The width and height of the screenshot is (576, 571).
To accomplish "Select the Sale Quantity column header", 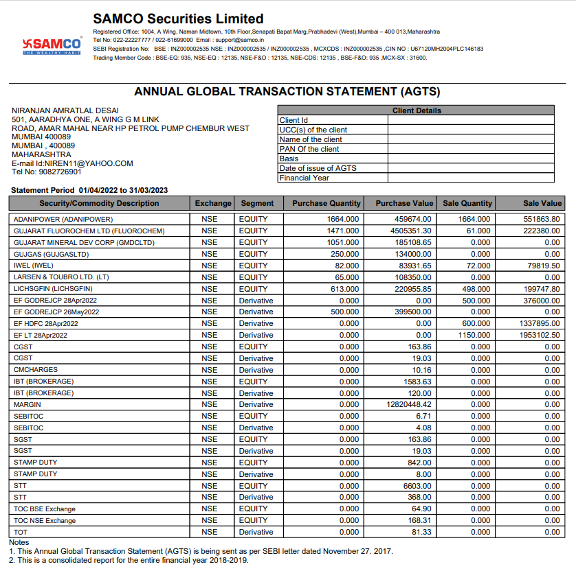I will pyautogui.click(x=467, y=203).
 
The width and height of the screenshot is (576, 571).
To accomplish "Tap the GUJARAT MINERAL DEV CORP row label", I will pyautogui.click(x=84, y=242).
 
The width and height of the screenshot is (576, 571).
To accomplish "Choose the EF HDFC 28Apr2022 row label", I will pyautogui.click(x=45, y=323).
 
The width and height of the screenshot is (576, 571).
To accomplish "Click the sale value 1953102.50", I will pyautogui.click(x=540, y=335).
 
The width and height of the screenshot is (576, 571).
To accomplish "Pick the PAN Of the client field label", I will pyautogui.click(x=309, y=149).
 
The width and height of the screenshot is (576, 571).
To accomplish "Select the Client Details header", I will pyautogui.click(x=417, y=110).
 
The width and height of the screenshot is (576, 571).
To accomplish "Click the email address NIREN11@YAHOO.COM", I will pyautogui.click(x=93, y=163).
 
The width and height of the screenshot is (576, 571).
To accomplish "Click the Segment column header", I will pyautogui.click(x=257, y=203).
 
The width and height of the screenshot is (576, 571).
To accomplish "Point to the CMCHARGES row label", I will pyautogui.click(x=36, y=370).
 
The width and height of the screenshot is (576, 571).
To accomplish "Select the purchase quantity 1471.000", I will pyautogui.click(x=342, y=231).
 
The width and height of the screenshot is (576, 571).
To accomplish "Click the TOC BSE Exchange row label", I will pyautogui.click(x=45, y=509).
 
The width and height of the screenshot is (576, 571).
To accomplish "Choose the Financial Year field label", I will pyautogui.click(x=304, y=178).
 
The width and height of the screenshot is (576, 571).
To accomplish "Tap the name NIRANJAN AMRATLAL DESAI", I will pyautogui.click(x=65, y=111).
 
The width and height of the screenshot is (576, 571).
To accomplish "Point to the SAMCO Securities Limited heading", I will pyautogui.click(x=178, y=19).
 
